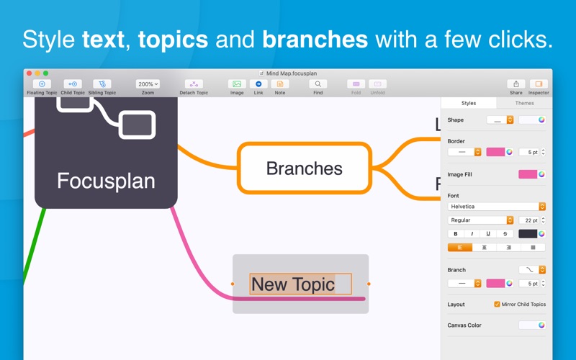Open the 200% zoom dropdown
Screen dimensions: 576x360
pyautogui.click(x=148, y=84)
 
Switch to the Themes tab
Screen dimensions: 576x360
pyautogui.click(x=524, y=103)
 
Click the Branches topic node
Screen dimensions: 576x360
pyautogui.click(x=304, y=168)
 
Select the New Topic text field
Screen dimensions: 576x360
pyautogui.click(x=300, y=284)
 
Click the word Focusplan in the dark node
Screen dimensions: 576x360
pyautogui.click(x=106, y=181)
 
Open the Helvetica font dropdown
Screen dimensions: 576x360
pyautogui.click(x=496, y=207)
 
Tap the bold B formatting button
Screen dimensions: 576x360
pyautogui.click(x=456, y=233)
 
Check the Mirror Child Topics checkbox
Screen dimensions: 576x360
pyautogui.click(x=497, y=304)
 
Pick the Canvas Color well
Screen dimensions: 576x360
pyautogui.click(x=532, y=325)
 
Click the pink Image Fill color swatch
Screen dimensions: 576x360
pyautogui.click(x=528, y=174)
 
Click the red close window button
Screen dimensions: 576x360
pyautogui.click(x=29, y=73)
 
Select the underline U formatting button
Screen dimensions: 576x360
pyautogui.click(x=488, y=233)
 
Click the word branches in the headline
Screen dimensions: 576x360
pyautogui.click(x=315, y=40)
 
